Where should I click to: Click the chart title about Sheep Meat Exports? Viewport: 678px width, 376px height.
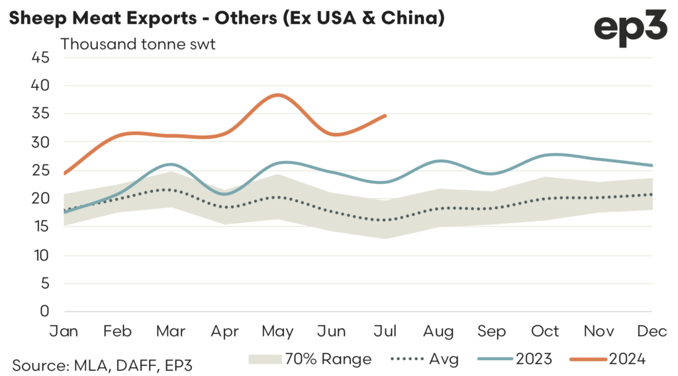tap(226, 19)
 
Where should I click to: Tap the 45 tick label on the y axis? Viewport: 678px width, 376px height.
tap(40, 58)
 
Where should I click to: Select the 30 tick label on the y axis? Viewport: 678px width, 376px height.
tap(40, 142)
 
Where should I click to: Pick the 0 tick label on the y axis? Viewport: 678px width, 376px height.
tap(44, 311)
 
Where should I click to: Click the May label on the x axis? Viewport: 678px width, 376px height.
tap(279, 330)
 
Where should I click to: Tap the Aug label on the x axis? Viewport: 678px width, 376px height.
tap(440, 330)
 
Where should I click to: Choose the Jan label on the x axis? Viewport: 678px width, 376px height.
tap(64, 330)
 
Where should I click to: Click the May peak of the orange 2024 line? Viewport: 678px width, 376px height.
tap(279, 95)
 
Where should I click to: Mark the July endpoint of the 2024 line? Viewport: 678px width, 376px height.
tap(385, 115)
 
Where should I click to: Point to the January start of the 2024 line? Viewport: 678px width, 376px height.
tap(64, 173)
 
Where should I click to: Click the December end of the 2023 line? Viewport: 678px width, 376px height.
tap(653, 165)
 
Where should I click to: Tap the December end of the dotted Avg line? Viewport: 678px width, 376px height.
tap(653, 194)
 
